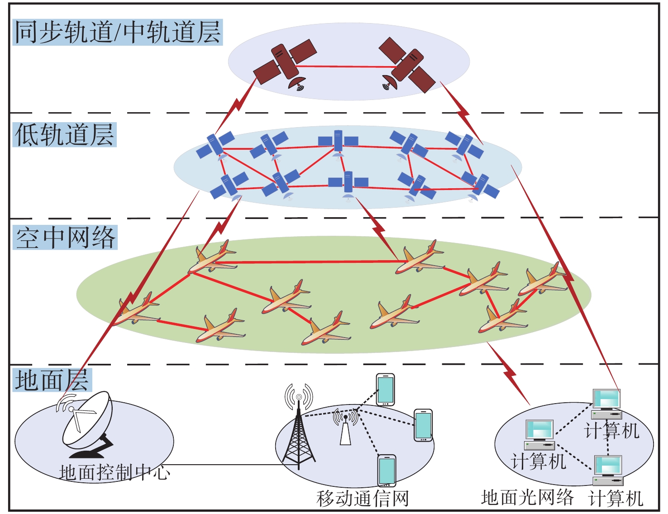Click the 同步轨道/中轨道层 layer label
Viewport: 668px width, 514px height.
pyautogui.click(x=117, y=32)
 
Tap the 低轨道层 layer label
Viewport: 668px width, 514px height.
pyautogui.click(x=65, y=134)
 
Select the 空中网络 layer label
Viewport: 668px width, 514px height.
pyautogui.click(x=66, y=237)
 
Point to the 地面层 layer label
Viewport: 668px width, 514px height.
pyautogui.click(x=52, y=380)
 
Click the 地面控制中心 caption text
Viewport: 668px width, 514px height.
pyautogui.click(x=115, y=472)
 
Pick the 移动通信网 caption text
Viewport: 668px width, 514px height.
pyautogui.click(x=362, y=498)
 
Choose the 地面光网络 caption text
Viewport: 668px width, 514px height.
pyautogui.click(x=527, y=497)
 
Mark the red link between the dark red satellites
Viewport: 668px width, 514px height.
pyautogui.click(x=344, y=67)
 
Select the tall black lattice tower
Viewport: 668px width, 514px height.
pyautogui.click(x=298, y=434)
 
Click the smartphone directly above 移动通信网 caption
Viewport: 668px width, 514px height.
pyautogui.click(x=386, y=471)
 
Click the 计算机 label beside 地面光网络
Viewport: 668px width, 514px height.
pyautogui.click(x=616, y=498)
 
